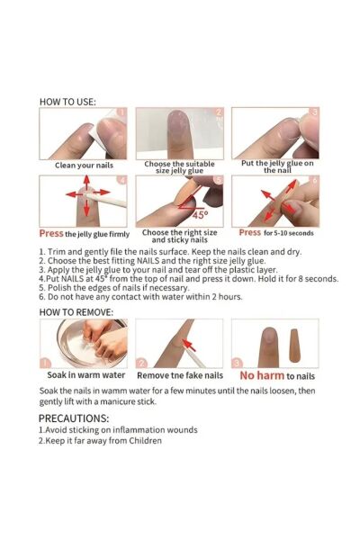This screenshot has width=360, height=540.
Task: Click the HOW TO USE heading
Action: (x=67, y=102)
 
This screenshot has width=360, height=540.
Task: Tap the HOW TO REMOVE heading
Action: (x=76, y=312)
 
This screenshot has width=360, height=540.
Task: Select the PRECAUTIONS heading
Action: (x=74, y=418)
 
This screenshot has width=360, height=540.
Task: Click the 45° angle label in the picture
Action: (x=200, y=215)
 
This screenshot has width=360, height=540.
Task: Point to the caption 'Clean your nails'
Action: (x=84, y=166)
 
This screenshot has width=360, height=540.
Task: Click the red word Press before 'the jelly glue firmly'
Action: (x=51, y=233)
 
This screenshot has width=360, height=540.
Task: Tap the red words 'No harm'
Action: (x=262, y=375)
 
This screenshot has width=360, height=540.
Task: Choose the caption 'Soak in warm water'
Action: (x=86, y=375)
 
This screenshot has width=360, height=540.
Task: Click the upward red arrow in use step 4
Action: (x=86, y=183)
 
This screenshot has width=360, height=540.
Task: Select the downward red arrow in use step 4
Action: (x=86, y=208)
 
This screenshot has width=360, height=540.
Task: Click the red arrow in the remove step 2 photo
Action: (x=189, y=345)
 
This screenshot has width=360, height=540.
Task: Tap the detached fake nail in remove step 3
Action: (x=294, y=346)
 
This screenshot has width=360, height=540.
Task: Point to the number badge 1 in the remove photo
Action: (x=46, y=363)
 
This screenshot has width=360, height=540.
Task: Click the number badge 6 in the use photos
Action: (x=314, y=181)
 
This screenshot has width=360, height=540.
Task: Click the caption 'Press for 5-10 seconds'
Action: (x=276, y=233)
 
